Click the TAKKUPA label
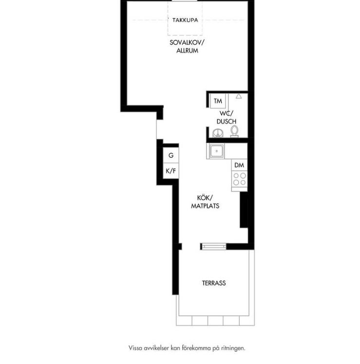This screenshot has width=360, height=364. tap(185, 20)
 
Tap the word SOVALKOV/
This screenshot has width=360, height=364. tap(187, 43)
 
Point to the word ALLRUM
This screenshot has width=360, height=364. tap(187, 51)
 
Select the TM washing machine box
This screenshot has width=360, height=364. tap(218, 101)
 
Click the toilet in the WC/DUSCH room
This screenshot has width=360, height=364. tap(234, 131)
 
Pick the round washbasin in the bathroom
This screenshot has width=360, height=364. tap(218, 133)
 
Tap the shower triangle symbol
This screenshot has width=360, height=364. tap(239, 96)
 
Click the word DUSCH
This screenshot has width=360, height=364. tap(227, 121)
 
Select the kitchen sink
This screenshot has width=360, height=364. tap(217, 151)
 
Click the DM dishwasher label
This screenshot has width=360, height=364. tap(239, 165)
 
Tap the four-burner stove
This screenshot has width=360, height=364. tap(240, 179)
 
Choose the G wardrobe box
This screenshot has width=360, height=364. tap(171, 155)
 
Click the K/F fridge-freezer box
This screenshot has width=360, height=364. tap(171, 171)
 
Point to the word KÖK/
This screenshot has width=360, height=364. tap(205, 198)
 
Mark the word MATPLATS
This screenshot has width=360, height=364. tap(205, 206)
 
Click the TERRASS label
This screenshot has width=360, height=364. tap(214, 283)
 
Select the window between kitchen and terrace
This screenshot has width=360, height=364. tap(213, 247)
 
